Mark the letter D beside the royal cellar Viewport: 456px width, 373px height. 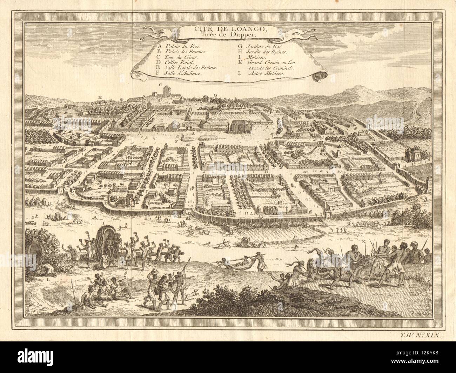point(242,135)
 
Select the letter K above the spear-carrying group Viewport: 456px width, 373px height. point(363,242)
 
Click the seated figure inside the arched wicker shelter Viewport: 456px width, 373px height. point(109,241)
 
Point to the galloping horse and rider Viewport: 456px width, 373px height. point(222,243)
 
